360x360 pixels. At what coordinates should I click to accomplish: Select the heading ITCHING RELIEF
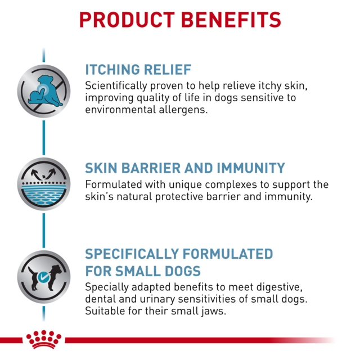click(138, 70)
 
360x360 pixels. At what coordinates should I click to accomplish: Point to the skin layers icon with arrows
click(43, 183)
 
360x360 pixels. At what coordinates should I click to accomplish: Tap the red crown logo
click(43, 339)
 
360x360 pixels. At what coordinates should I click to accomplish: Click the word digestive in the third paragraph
click(269, 287)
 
